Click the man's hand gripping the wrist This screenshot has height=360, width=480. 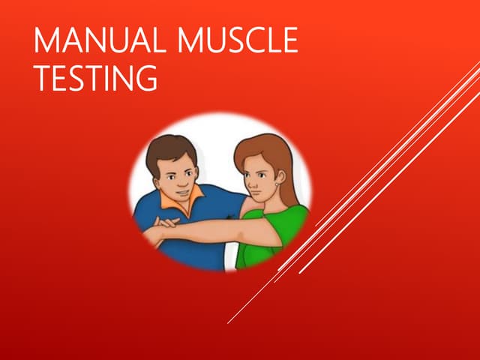tap(166, 223)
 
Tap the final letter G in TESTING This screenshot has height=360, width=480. tap(145, 78)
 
